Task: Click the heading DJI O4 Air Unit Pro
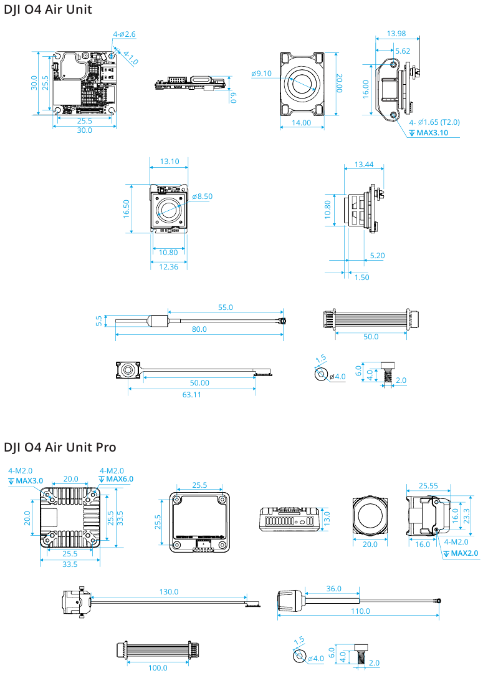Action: click(x=60, y=447)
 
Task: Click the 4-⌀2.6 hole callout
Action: click(x=124, y=34)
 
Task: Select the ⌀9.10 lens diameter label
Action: click(x=262, y=74)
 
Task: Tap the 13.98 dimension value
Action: click(x=396, y=33)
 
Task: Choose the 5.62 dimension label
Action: click(x=403, y=51)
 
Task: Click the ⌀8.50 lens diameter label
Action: click(x=203, y=196)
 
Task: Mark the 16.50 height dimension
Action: click(x=127, y=208)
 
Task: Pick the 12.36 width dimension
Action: click(x=169, y=266)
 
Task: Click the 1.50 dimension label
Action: click(x=361, y=277)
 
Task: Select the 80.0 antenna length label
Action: click(x=199, y=329)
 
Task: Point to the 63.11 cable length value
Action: click(x=191, y=394)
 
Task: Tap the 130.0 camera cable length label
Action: click(x=168, y=591)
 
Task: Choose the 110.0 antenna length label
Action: click(x=360, y=611)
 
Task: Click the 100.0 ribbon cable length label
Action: click(x=158, y=667)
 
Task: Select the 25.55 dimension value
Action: click(x=428, y=485)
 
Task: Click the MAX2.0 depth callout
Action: click(x=464, y=553)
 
